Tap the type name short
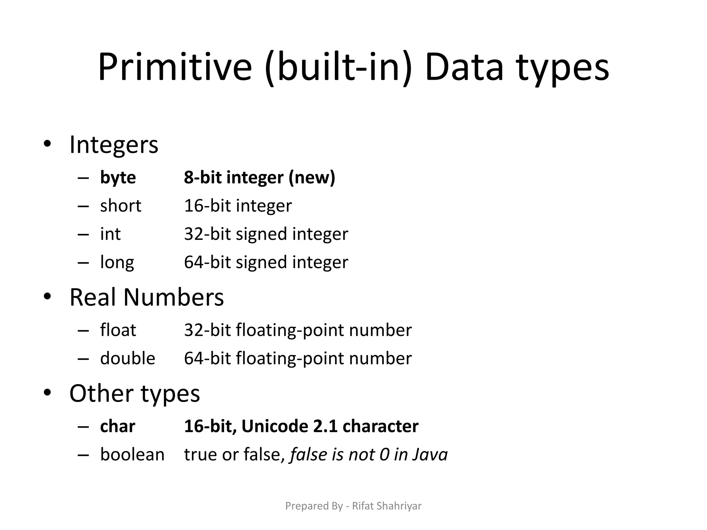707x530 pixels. click(x=120, y=206)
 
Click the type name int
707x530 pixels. click(x=110, y=234)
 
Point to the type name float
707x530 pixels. click(x=118, y=330)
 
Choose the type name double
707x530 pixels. click(x=127, y=359)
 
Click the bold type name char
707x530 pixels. click(x=117, y=426)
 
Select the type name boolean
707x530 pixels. click(x=132, y=455)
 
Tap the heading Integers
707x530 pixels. click(x=114, y=145)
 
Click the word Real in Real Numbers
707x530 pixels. click(x=93, y=297)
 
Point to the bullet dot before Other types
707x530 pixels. click(x=47, y=392)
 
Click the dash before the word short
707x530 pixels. click(x=83, y=206)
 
